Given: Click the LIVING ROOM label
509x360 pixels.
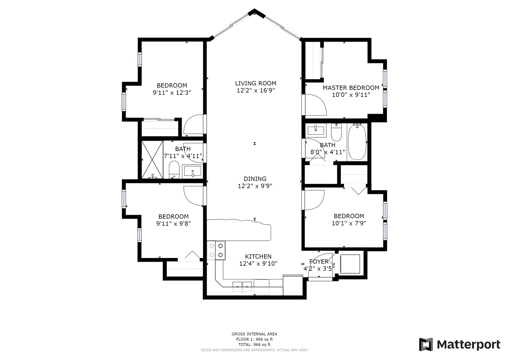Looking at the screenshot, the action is click(x=256, y=83).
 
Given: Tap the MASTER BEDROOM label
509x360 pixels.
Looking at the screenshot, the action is click(x=351, y=88).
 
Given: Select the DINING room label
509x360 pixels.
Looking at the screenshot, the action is click(x=255, y=179).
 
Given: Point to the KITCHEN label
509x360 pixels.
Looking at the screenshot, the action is click(x=258, y=257).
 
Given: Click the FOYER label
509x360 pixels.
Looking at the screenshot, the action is click(x=319, y=262).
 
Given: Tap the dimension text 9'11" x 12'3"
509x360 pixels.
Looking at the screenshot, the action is click(x=172, y=93).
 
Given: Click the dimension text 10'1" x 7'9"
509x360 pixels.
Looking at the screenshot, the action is click(x=349, y=223).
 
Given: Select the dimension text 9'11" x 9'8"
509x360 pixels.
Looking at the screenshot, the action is click(x=173, y=224).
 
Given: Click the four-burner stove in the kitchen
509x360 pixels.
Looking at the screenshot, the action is click(x=216, y=250).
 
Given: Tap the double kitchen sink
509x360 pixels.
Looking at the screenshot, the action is click(x=242, y=287).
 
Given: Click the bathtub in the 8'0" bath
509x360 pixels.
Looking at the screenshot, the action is click(x=357, y=142).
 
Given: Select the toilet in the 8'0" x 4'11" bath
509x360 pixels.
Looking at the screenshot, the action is click(x=336, y=132).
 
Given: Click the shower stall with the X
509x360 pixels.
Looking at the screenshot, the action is click(x=152, y=160).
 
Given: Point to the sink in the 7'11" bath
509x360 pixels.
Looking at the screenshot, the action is click(x=193, y=171).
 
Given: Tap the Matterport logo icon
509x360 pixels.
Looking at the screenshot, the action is click(x=426, y=344).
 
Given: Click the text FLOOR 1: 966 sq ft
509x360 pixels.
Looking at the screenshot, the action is click(x=254, y=339).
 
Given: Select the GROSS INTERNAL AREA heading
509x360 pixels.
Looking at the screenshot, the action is click(x=254, y=334).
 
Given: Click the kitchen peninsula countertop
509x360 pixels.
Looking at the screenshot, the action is click(x=239, y=230).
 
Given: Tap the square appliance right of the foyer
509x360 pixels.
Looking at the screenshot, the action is click(x=350, y=264).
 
